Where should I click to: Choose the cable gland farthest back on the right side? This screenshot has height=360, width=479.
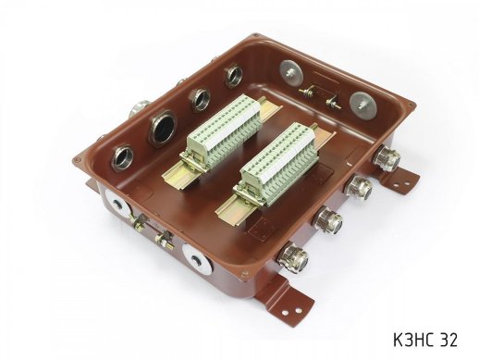click(386, 159)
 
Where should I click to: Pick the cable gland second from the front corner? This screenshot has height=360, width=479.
click(327, 220)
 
